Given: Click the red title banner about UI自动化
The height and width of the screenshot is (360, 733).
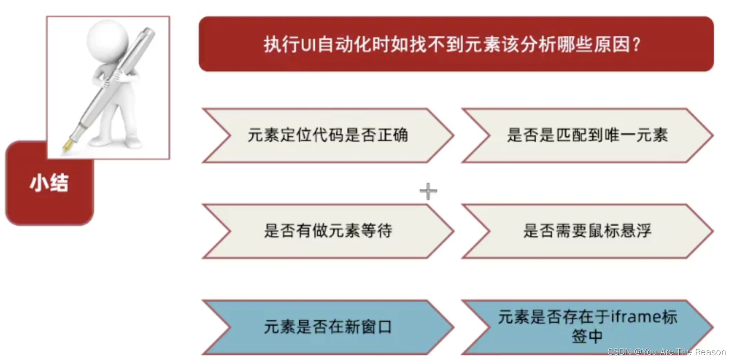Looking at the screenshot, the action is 456,44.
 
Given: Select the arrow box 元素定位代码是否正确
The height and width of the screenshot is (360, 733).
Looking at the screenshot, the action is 327,136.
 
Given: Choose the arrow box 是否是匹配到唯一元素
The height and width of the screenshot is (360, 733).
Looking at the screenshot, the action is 587,136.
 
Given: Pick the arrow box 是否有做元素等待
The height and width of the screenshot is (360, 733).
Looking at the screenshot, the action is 327,231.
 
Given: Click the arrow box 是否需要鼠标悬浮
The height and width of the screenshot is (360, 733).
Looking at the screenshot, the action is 587,231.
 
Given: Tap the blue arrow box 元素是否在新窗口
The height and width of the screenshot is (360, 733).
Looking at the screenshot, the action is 327,327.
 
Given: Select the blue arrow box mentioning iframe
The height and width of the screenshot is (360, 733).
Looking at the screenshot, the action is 587,327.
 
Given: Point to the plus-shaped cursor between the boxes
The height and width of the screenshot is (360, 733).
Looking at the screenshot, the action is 428,191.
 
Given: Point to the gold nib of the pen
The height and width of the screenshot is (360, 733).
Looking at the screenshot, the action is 67,146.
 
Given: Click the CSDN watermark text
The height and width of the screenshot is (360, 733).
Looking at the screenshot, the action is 666,352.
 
